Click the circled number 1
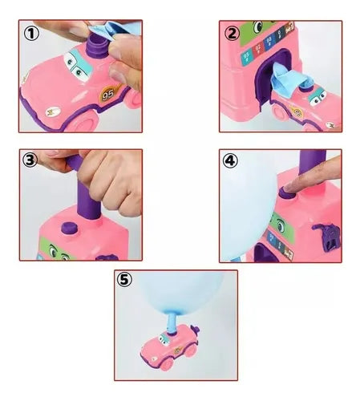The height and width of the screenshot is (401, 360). tap(31, 34)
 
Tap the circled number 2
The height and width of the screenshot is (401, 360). tap(232, 34)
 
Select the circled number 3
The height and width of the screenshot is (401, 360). tap(30, 160)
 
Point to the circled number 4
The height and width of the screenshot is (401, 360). tap(230, 160)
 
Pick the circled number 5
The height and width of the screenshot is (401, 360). tap(125, 280)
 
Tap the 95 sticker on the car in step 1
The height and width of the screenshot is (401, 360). tap(109, 94)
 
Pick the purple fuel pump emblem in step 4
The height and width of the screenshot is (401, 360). tap(326, 237)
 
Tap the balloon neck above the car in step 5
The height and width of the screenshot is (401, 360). tap(172, 323)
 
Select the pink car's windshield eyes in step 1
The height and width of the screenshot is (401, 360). tap(77, 66)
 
